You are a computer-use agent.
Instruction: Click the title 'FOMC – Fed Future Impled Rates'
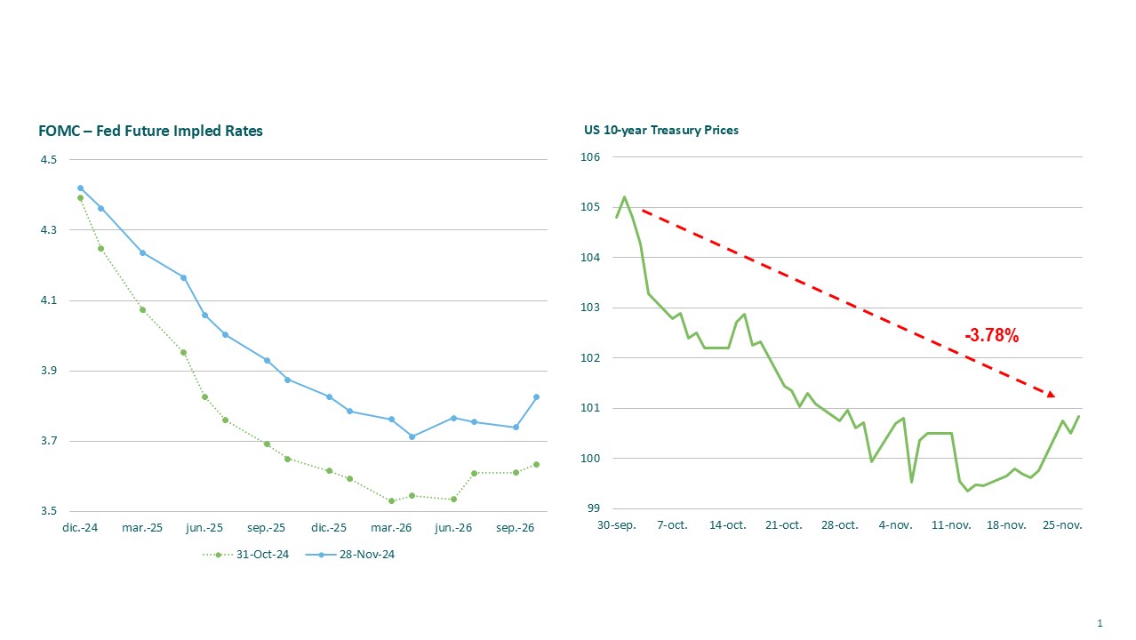151,131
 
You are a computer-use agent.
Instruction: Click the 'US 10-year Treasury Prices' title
661,130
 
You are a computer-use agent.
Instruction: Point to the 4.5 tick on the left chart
48,160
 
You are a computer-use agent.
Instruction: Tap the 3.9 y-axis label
48,371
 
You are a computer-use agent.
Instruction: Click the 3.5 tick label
48,512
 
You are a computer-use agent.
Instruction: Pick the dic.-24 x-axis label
80,527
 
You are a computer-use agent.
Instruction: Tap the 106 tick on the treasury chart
591,157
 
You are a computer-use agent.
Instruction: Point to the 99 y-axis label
594,509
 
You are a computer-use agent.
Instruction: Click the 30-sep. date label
616,525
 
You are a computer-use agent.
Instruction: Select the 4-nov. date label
895,525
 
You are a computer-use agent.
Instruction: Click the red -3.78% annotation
991,336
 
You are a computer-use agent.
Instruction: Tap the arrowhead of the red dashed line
1051,394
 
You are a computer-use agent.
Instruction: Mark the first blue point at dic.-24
80,188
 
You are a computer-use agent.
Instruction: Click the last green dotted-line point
536,464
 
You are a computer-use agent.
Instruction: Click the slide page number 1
1100,623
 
